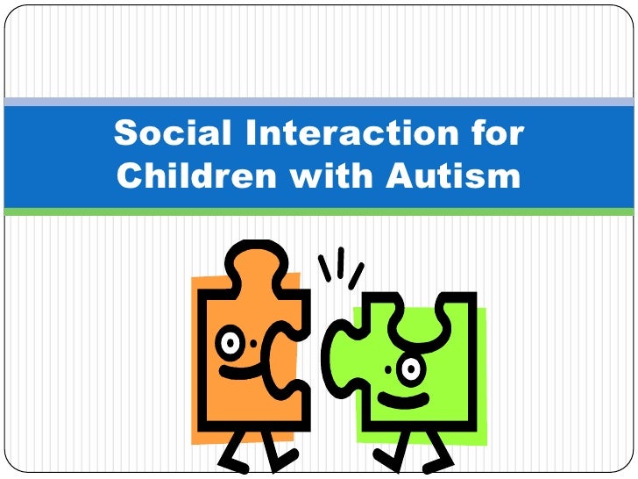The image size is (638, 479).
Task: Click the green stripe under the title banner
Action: pyautogui.click(x=319, y=211)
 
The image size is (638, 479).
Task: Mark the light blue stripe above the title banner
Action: pyautogui.click(x=319, y=103)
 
